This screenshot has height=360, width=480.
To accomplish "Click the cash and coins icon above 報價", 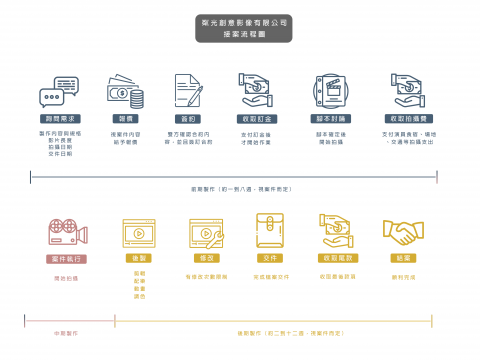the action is click(x=125, y=92).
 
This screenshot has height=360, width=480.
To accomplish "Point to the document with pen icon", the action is click(x=188, y=92).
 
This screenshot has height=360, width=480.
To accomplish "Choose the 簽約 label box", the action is click(x=188, y=117).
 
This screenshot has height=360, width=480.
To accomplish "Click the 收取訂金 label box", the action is click(x=257, y=117).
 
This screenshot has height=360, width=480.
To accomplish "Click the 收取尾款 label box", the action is click(x=337, y=258).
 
